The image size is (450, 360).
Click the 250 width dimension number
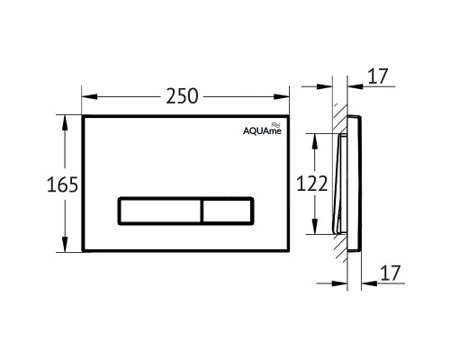coord(182,96)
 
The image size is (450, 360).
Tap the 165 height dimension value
coord(62,184)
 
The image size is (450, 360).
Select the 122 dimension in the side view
coord(312,184)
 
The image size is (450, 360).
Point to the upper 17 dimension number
coord(377,76)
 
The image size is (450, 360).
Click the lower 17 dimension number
coord(391,273)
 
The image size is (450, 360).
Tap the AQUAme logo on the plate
coord(262,129)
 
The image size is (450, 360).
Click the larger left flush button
coord(159,211)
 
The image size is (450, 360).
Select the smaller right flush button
coord(227,211)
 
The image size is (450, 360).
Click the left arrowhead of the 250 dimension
coord(89,96)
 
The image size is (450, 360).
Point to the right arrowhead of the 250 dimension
coord(282,96)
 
